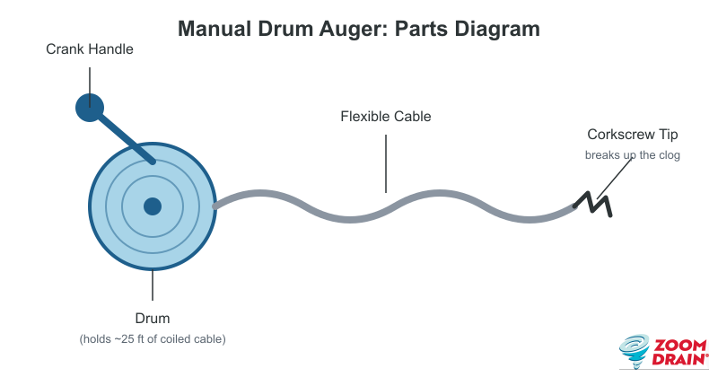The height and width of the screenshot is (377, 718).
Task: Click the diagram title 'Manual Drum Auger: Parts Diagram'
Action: click(358, 29)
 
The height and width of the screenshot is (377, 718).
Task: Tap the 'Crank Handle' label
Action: click(90, 49)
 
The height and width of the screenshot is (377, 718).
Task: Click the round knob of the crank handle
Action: click(90, 108)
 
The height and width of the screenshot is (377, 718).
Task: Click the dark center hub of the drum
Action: click(153, 206)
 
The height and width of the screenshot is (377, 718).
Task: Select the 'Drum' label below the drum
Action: click(153, 318)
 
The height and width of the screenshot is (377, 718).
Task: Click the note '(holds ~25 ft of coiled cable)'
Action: click(153, 339)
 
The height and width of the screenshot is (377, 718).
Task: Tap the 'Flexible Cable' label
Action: click(386, 117)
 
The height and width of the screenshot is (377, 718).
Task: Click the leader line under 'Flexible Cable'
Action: click(386, 163)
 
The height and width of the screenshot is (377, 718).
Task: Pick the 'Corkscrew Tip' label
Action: click(633, 135)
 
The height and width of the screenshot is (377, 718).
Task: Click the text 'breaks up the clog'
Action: click(633, 154)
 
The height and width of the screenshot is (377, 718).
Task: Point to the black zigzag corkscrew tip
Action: click(593, 205)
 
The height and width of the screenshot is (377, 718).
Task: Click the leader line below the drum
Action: click(153, 285)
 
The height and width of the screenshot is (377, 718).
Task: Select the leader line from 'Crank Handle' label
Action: click(90, 87)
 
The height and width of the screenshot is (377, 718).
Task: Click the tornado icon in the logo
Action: click(635, 351)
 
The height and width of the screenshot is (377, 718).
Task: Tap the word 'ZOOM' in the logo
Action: click(680, 346)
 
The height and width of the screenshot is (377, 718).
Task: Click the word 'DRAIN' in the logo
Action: click(679, 359)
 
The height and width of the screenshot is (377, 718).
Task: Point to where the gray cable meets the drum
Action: click(215, 206)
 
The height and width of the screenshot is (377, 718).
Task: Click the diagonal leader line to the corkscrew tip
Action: click(614, 180)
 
